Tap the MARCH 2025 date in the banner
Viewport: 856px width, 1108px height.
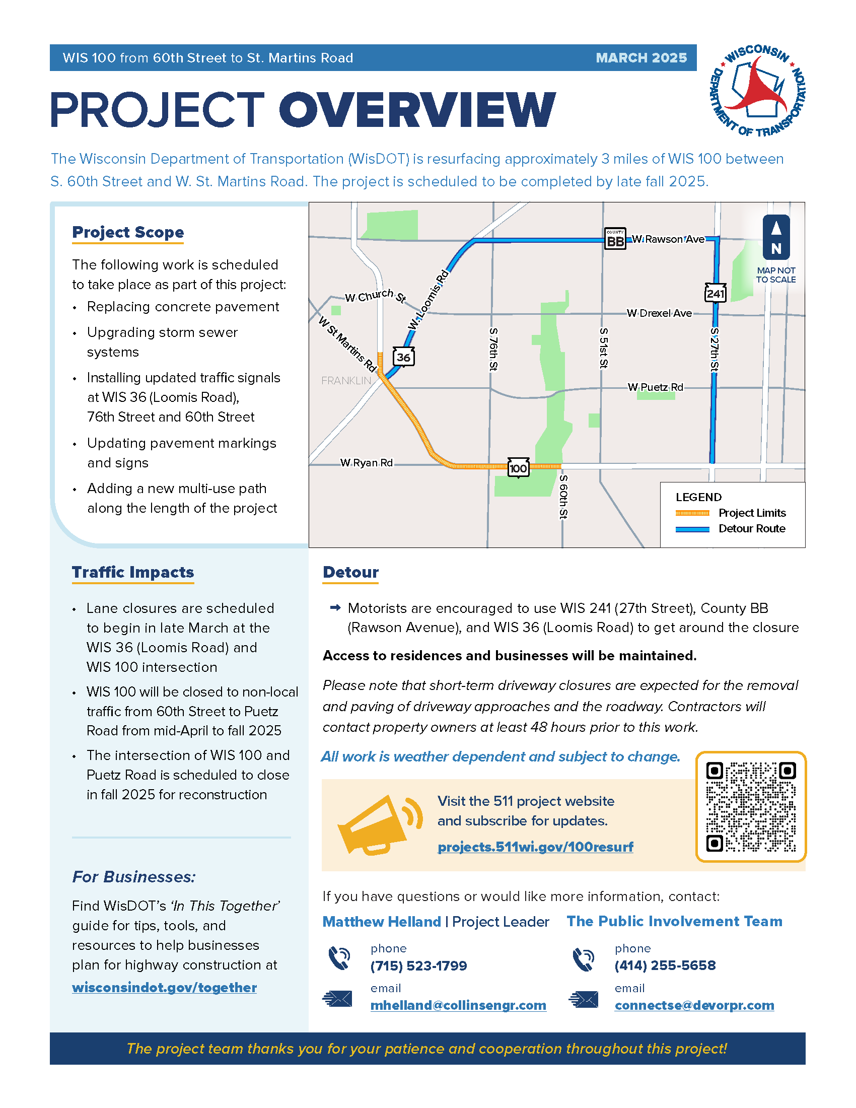641,58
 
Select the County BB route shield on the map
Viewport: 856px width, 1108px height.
615,239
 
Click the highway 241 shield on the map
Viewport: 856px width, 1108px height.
715,293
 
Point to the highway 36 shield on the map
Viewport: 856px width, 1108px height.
404,357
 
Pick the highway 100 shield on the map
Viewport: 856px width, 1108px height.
518,468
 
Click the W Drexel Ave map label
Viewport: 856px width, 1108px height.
659,313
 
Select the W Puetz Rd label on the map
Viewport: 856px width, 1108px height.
655,387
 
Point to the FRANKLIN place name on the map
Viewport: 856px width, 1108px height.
346,380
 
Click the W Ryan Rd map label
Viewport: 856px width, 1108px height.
366,463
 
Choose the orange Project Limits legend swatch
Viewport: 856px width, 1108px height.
692,513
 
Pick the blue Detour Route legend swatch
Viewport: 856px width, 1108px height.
692,529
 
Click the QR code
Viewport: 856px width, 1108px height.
751,807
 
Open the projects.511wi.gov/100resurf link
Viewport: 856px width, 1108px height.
535,847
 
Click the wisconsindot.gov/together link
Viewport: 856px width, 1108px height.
164,987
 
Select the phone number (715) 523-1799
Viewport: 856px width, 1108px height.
418,965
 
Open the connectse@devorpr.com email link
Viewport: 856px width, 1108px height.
694,1005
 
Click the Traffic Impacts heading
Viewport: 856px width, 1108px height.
133,572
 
